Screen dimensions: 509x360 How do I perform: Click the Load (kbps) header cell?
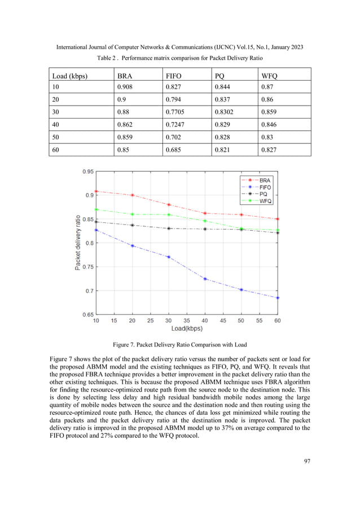pyautogui.click(x=69, y=75)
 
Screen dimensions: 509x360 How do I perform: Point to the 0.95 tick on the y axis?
pyautogui.click(x=87, y=171)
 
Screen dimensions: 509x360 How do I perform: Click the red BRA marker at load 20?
pyautogui.click(x=132, y=195)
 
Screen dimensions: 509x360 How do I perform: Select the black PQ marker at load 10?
pyautogui.click(x=96, y=222)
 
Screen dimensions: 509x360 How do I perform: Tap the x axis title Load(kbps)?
pyautogui.click(x=187, y=328)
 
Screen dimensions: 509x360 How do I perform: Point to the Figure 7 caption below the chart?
pyautogui.click(x=179, y=344)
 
